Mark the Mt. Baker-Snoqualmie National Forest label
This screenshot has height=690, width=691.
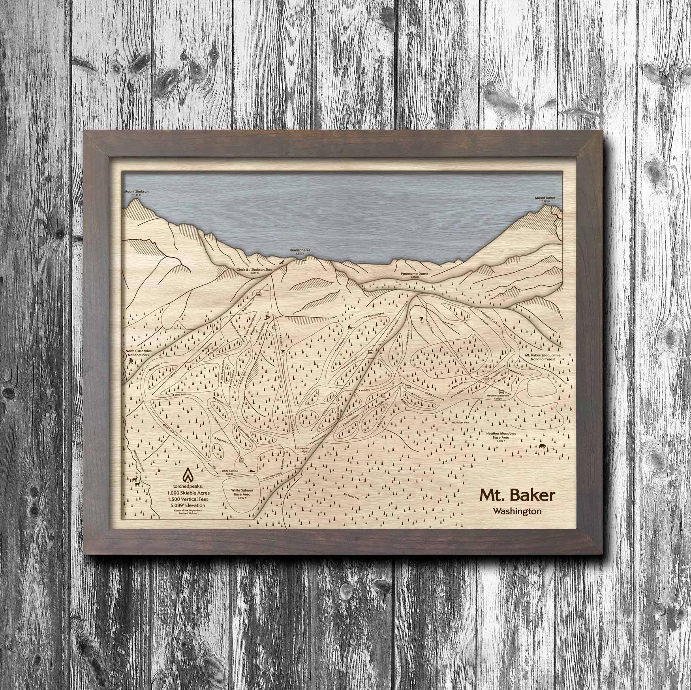[x=540, y=357]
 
